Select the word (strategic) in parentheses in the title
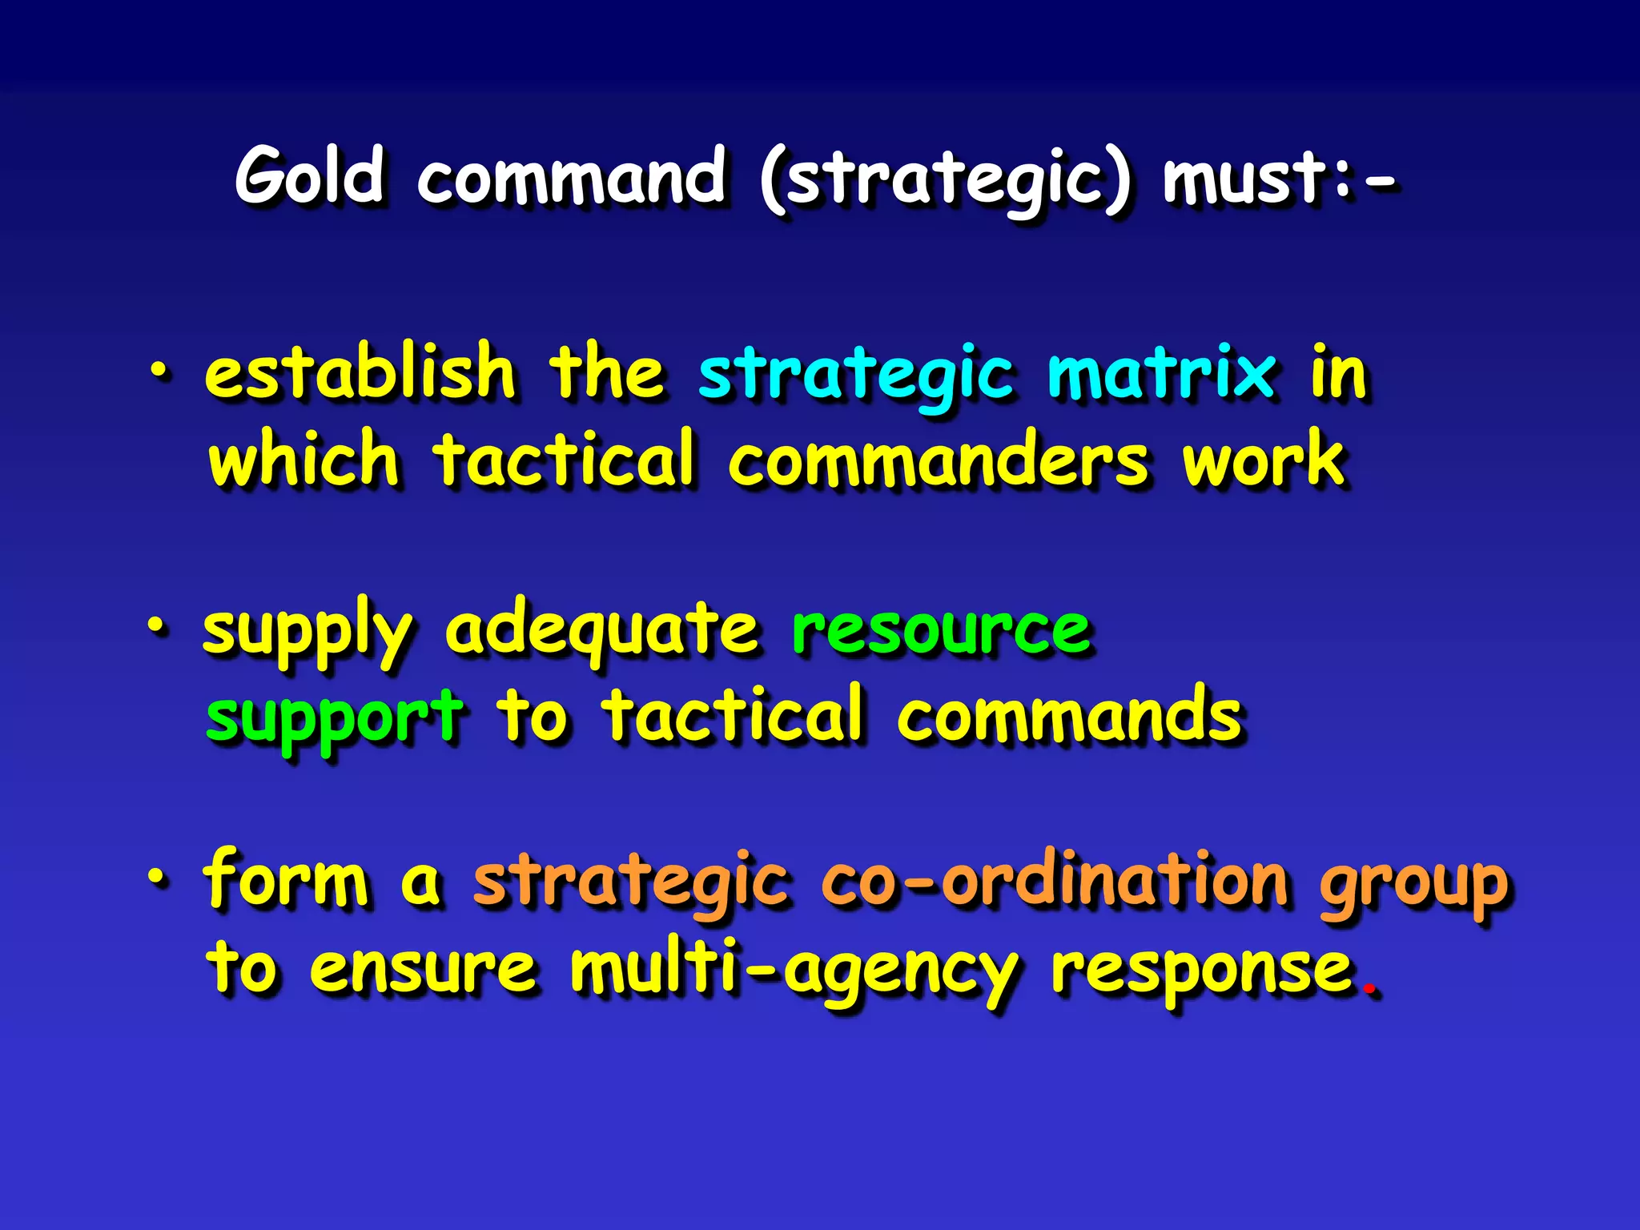pyautogui.click(x=945, y=180)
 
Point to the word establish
pyautogui.click(x=360, y=372)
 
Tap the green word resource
pyautogui.click(x=941, y=630)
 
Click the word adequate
pyautogui.click(x=601, y=630)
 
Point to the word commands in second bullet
pyautogui.click(x=1069, y=715)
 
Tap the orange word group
pyautogui.click(x=1413, y=885)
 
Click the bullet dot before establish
pyautogui.click(x=159, y=371)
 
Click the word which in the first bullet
pyautogui.click(x=303, y=460)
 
